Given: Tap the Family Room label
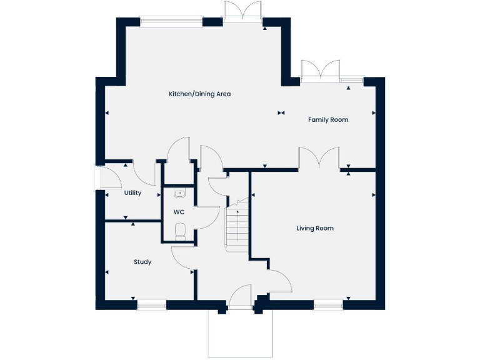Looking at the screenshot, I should click(328, 119).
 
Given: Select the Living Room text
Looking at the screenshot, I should click(315, 228).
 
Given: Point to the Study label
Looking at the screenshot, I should click(142, 262).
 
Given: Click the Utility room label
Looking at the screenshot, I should click(132, 193).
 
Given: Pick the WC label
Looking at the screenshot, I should click(178, 212).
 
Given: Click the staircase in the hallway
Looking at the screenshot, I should click(237, 226).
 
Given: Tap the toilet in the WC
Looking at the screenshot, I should click(181, 231).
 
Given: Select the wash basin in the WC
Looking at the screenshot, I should click(179, 194).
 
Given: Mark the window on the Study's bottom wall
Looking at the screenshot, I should click(151, 305).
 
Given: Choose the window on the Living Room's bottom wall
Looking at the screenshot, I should click(328, 305).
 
